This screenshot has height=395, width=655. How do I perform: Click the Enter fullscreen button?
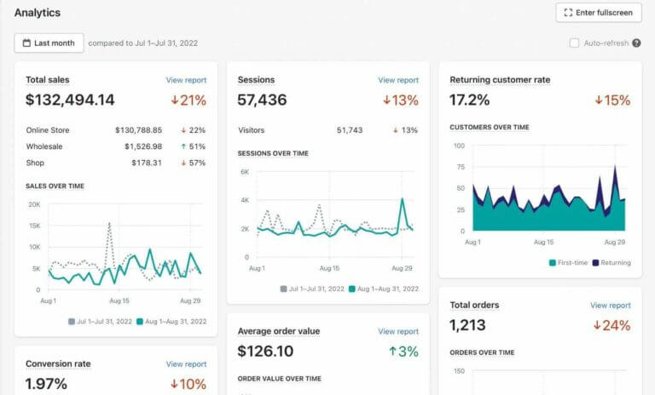pyautogui.click(x=599, y=13)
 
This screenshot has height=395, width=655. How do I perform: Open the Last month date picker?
pyautogui.click(x=49, y=43)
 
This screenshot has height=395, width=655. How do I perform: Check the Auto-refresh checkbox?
pyautogui.click(x=574, y=43)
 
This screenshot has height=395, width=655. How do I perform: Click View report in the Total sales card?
pyautogui.click(x=186, y=80)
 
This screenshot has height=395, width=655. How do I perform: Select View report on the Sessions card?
pyautogui.click(x=398, y=80)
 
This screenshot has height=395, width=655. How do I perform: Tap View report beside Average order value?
pyautogui.click(x=398, y=331)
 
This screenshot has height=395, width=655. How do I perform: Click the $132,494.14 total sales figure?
pyautogui.click(x=70, y=100)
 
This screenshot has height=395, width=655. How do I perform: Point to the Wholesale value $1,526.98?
pyautogui.click(x=138, y=146)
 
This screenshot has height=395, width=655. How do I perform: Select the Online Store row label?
pyautogui.click(x=48, y=130)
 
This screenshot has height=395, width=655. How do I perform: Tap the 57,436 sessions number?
pyautogui.click(x=262, y=100)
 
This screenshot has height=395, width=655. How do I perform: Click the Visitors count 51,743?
pyautogui.click(x=350, y=130)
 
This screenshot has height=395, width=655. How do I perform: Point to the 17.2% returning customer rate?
pyautogui.click(x=469, y=100)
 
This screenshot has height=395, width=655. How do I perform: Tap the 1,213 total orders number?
pyautogui.click(x=469, y=325)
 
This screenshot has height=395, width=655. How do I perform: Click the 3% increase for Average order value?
pyautogui.click(x=405, y=351)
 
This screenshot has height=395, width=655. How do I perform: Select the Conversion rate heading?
pyautogui.click(x=58, y=364)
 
